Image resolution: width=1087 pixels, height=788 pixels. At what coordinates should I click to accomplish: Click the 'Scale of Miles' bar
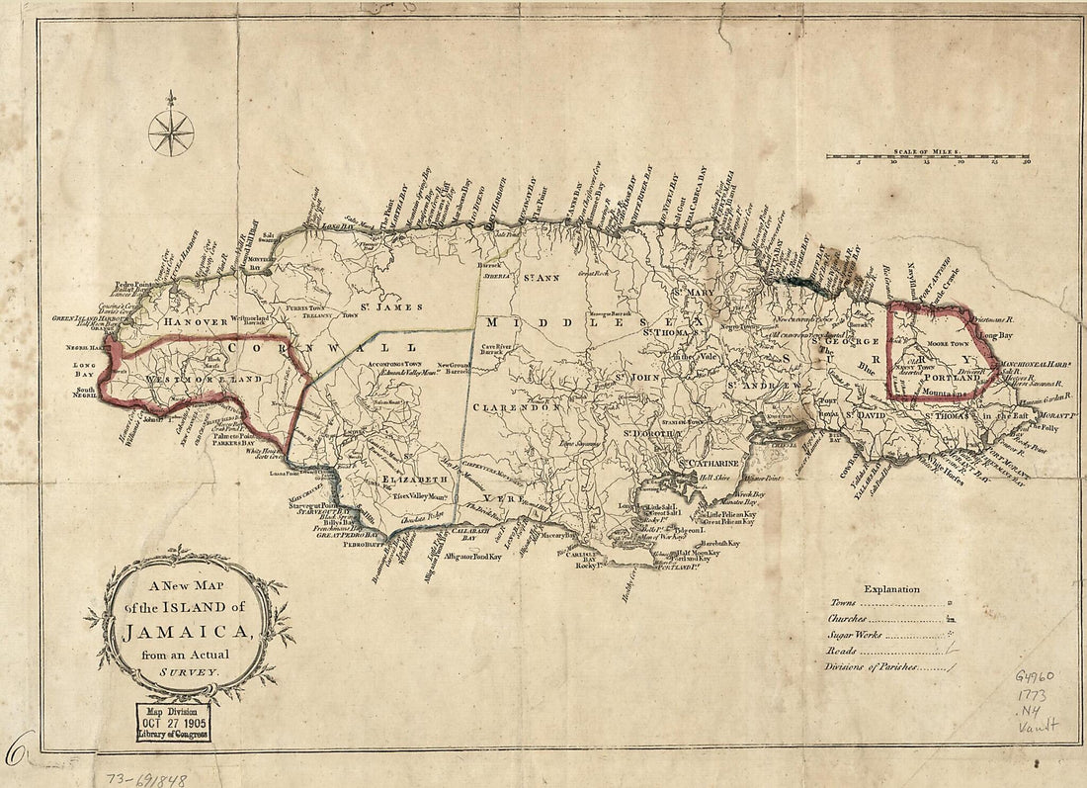927,156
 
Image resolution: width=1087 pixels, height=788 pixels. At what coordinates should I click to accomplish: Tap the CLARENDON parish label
516,406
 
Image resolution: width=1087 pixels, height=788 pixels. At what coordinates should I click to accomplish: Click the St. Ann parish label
541,278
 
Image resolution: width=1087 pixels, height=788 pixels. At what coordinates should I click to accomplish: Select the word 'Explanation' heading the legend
891,589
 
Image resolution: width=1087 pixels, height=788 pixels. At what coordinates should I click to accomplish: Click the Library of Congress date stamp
174,725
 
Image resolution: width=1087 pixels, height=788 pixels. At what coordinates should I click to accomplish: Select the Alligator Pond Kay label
473,558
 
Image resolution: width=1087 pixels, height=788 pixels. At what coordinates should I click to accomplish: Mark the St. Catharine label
708,462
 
